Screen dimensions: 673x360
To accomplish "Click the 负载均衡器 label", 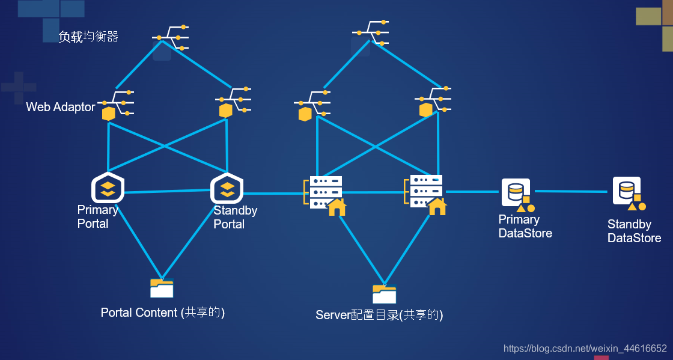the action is pos(88,37).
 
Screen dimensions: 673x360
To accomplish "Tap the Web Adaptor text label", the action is pos(61,107).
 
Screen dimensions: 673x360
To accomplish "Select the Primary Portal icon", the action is pos(108,188).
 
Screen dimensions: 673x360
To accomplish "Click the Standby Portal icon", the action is pos(227,188).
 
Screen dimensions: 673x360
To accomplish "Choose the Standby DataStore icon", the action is pos(629,194).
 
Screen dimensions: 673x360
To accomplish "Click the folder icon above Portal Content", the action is pos(162,288).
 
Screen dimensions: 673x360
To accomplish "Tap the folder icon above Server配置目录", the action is pos(384,294).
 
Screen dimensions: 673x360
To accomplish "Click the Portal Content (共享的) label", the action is pos(163,313).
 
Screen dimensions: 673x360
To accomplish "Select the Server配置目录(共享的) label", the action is pos(379,315).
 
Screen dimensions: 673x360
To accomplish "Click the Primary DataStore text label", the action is pos(525,226).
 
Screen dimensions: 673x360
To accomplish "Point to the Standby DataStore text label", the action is pos(634,231).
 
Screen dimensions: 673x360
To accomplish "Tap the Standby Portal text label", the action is pos(235,217).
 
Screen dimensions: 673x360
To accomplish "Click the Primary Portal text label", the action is pos(97,217).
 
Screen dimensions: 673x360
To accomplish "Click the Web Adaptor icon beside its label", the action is pos(116,106).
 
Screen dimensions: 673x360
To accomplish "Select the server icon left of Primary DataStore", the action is pos(425,195).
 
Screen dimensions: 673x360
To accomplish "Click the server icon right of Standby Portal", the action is pos(325,196).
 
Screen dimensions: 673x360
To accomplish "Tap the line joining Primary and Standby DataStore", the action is pos(571,191).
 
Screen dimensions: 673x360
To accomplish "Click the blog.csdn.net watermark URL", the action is pos(585,348).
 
